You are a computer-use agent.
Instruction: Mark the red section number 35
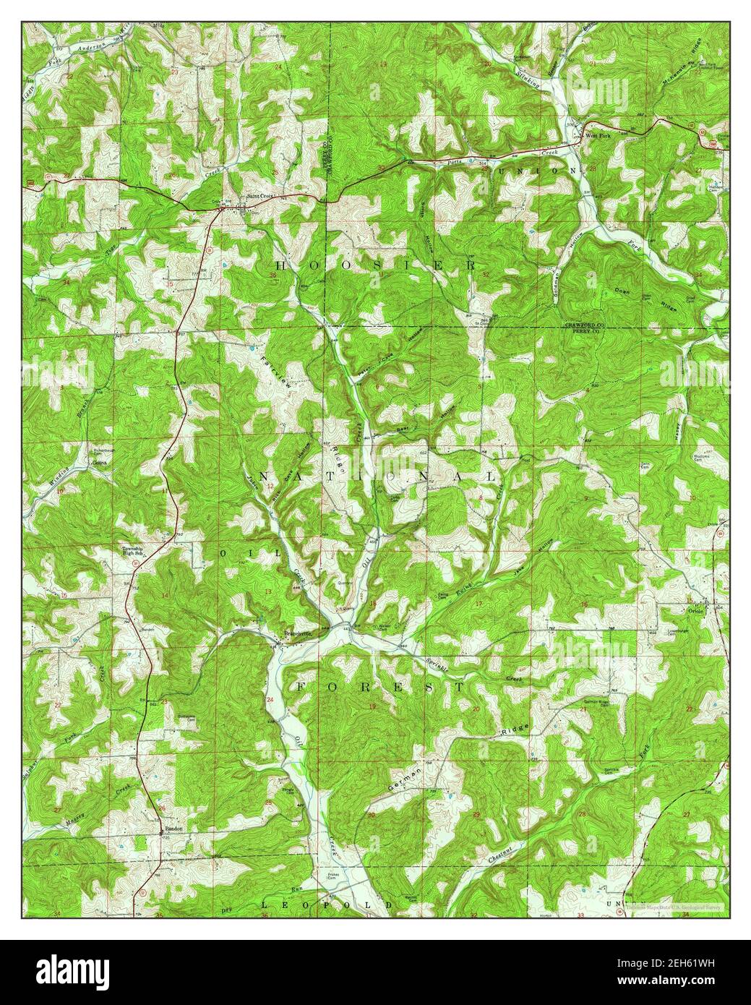(169, 285)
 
